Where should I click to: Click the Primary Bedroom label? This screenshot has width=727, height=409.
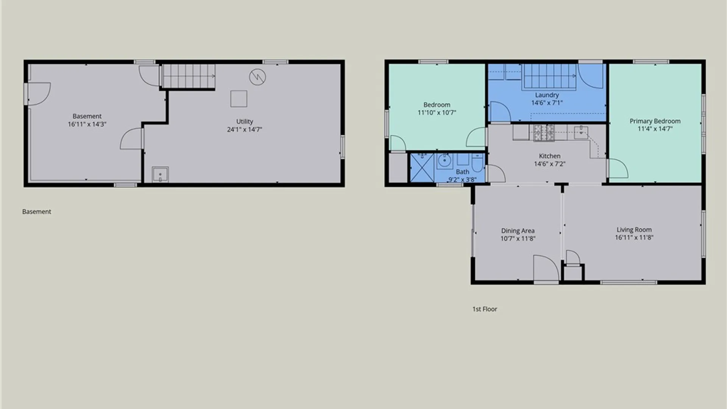point(655,121)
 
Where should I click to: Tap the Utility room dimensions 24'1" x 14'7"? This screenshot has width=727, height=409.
point(245,130)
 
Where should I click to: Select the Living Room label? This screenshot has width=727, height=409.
point(634,229)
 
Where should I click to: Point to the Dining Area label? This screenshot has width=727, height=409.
point(518,231)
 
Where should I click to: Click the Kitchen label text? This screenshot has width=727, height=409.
point(549,156)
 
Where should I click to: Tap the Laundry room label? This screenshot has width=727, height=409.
point(547,95)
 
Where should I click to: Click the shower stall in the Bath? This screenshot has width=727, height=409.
point(422,167)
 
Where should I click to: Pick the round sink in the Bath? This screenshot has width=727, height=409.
point(445,161)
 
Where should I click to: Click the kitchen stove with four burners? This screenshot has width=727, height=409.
point(544,133)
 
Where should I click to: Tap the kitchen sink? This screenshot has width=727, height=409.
point(581,133)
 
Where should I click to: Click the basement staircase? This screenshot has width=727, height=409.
point(189,76)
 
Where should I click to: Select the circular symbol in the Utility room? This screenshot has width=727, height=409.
point(257,77)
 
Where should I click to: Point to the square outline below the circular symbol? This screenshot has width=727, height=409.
point(239,99)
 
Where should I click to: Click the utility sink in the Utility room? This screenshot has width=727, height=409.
point(160,175)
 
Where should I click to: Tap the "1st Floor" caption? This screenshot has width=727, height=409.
point(485,309)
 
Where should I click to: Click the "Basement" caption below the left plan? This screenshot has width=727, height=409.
point(37,212)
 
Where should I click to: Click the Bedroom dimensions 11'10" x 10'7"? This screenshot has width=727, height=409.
point(437,112)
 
